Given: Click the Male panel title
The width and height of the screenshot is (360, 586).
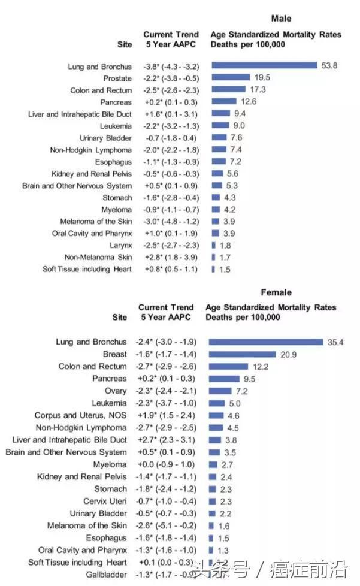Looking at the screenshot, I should [x=281, y=19].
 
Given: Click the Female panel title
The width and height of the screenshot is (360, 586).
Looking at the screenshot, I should [x=276, y=292].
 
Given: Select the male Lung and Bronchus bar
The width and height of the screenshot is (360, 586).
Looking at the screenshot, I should [x=264, y=66].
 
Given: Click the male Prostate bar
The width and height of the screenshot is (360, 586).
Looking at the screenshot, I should [x=231, y=78].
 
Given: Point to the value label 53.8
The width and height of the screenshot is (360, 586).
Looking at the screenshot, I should [x=329, y=66].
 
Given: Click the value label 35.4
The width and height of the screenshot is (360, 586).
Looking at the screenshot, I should [x=334, y=342].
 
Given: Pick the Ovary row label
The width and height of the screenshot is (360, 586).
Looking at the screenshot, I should [x=116, y=391].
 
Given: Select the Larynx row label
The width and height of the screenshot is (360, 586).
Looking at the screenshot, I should [x=120, y=245].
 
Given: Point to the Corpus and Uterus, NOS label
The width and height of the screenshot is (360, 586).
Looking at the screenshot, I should [x=80, y=415].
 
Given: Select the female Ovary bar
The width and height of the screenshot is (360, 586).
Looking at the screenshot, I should [x=220, y=391].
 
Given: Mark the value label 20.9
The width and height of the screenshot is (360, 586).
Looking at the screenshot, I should [x=289, y=354].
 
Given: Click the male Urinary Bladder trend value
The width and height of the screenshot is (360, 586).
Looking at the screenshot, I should [x=171, y=138].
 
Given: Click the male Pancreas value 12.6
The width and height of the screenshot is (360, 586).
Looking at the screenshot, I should [x=249, y=102].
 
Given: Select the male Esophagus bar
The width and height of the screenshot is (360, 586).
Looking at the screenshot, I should [x=219, y=162].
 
